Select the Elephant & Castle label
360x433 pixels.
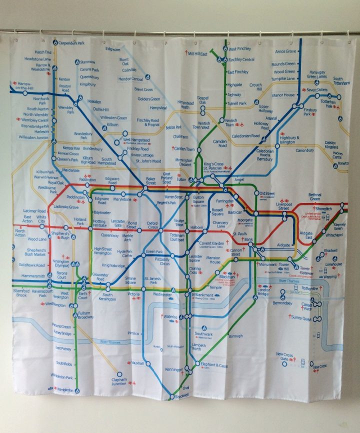214,365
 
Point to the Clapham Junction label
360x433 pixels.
118,381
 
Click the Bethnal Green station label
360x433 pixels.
314,196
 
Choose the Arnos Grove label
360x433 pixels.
286,51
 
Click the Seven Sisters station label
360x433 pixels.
317,90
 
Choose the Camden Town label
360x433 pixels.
183,149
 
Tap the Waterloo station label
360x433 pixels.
171,316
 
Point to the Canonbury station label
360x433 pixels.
304,150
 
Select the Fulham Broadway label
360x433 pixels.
85,315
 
